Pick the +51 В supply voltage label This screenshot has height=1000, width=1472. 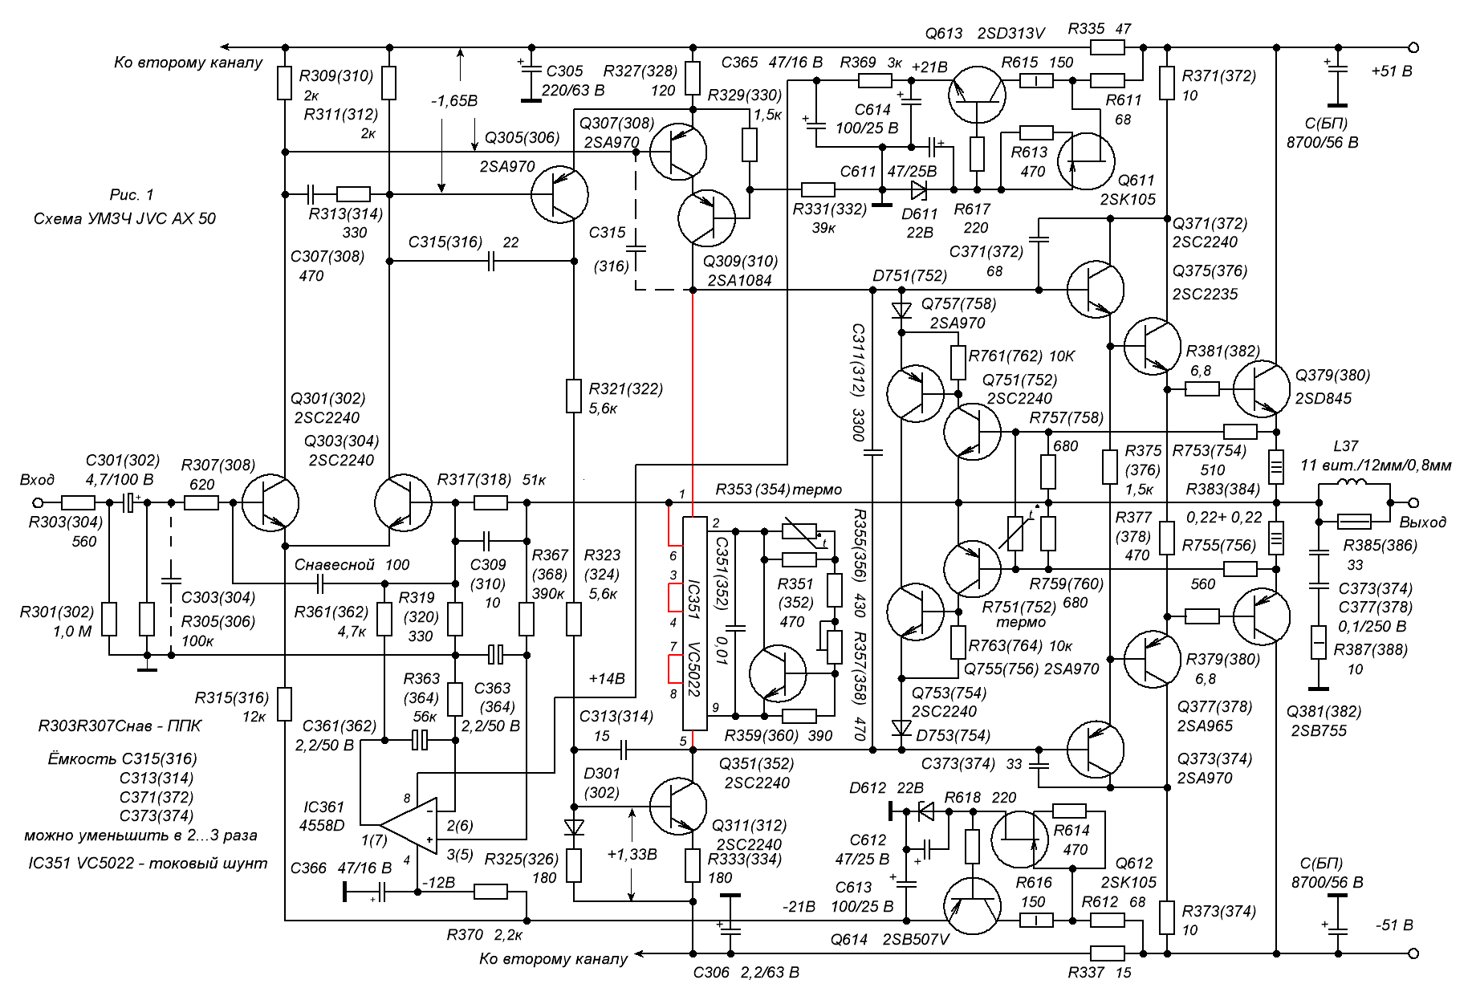coord(1393,71)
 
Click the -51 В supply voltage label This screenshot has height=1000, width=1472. coord(1393,925)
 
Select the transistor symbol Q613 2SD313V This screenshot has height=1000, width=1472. coord(975,96)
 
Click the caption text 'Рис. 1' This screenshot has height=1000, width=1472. coord(131,195)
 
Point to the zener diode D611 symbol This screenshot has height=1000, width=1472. coord(918,190)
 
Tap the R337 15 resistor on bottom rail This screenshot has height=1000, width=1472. coord(1108,953)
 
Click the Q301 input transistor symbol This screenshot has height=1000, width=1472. coord(270,504)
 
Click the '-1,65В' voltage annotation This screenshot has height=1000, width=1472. coord(453,102)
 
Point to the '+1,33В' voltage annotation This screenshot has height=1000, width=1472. coord(633,855)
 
